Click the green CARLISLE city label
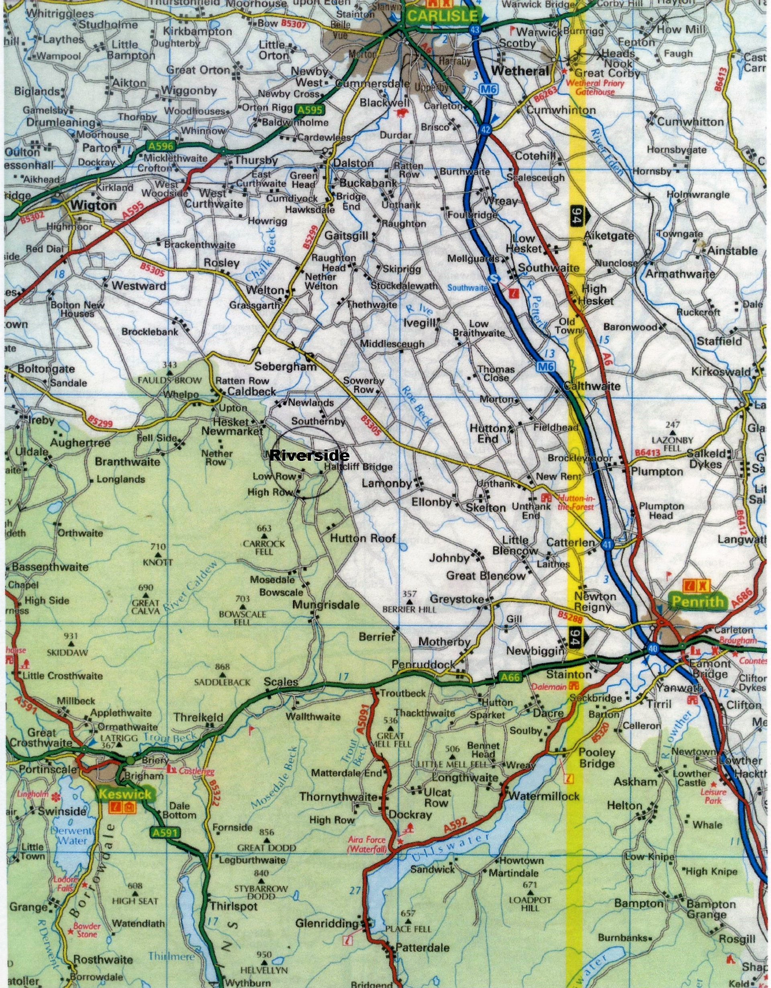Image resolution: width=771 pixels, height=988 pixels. pyautogui.click(x=442, y=16)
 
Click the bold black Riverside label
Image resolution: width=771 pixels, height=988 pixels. pyautogui.click(x=309, y=455)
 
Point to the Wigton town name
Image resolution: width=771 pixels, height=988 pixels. pyautogui.click(x=94, y=206)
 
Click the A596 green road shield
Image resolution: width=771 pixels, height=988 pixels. pyautogui.click(x=158, y=146)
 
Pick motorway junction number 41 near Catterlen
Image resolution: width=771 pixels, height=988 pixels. pyautogui.click(x=607, y=545)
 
